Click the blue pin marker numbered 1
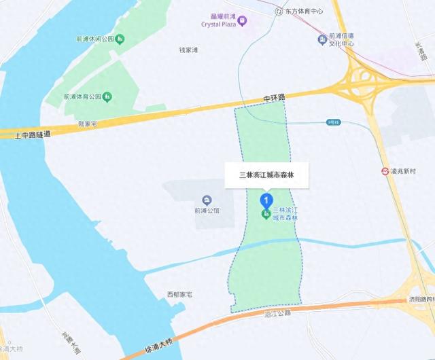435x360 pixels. coord(266,200)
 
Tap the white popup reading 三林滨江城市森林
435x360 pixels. coord(266,175)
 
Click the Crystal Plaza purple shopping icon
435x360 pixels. coord(243,21)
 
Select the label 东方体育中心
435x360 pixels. coord(303,12)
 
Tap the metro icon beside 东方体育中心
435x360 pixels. coord(279,12)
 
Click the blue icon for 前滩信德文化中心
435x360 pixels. coord(322,39)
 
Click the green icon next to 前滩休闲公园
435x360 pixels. coord(120,39)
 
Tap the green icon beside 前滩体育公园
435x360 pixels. coord(107,96)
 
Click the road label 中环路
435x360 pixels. coord(275,98)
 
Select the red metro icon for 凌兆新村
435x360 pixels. coord(385,170)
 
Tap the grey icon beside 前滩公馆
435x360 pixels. coord(207,200)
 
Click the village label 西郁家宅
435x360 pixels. coord(179,295)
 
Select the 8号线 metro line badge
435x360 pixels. coord(333,122)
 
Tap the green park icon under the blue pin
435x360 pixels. coord(265,215)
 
